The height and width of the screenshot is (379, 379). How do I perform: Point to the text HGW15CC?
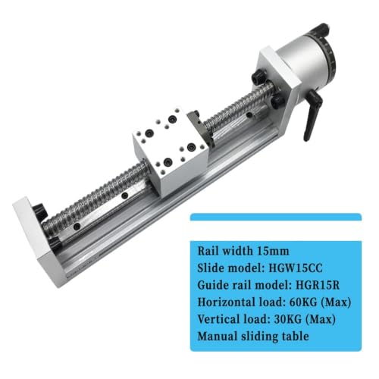pyautogui.click(x=296, y=268)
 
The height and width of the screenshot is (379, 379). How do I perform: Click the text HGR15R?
pyautogui.click(x=318, y=285)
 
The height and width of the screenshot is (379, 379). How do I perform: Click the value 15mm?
pyautogui.click(x=273, y=251)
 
